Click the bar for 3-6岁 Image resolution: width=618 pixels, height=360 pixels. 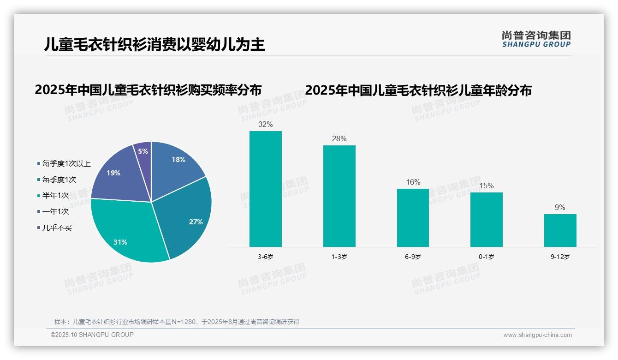click(x=265, y=189)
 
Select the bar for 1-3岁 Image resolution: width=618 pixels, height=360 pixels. click(x=339, y=196)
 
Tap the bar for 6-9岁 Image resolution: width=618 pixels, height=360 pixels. click(x=413, y=217)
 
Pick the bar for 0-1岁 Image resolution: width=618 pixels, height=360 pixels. click(x=486, y=219)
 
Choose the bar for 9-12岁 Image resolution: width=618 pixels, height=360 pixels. click(x=560, y=230)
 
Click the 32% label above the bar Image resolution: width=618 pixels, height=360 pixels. click(x=266, y=124)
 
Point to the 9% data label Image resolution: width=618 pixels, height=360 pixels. click(x=560, y=207)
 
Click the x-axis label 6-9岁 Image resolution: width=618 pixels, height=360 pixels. click(x=413, y=257)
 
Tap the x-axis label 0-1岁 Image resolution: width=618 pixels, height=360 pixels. click(x=486, y=257)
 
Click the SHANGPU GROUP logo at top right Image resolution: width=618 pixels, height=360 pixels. click(x=536, y=39)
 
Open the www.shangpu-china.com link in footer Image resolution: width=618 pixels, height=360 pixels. click(x=537, y=335)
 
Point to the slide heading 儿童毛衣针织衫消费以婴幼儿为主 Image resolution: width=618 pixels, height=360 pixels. click(x=154, y=44)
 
